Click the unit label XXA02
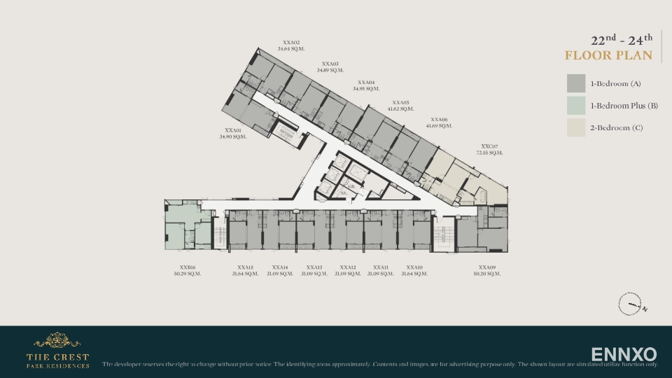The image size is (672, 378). coord(291,42)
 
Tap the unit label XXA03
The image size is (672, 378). coord(330,64)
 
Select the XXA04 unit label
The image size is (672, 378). coord(366,83)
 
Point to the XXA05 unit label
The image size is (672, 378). coord(400,102)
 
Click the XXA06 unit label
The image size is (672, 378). coord(439,120)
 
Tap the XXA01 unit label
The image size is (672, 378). coord(233,130)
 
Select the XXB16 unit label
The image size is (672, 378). coord(187,267)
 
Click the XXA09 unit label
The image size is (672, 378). coord(487,267)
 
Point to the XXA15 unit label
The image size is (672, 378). coord(245,267)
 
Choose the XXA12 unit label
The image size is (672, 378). coord(348,267)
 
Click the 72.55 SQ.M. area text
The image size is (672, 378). coord(490,153)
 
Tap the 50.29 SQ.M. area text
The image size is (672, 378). coord(187,274)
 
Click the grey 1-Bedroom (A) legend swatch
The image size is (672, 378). coord(576,83)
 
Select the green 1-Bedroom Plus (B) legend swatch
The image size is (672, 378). coord(576,106)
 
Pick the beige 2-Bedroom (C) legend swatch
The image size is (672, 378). coord(576,127)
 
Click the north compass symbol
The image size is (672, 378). coord(631,305)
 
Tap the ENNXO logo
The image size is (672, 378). coord(624,354)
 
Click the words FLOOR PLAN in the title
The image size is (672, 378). coord(608,55)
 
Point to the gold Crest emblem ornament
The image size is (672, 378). coord(57,341)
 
